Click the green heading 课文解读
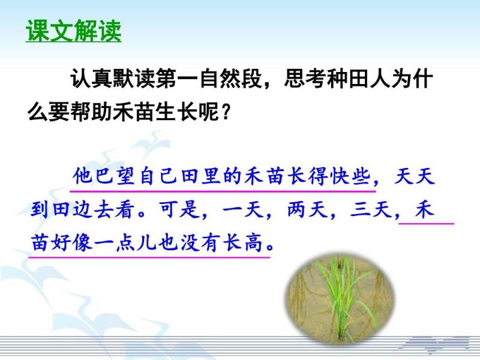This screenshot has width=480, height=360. point(73,31)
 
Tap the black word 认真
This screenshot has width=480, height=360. point(91,79)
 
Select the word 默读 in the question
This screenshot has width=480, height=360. point(134,79)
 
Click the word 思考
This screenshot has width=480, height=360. point(305,79)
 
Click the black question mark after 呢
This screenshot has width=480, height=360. point(226,112)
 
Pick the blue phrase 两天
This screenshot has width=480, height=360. point(308,209)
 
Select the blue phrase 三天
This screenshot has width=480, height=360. point(371,209)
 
